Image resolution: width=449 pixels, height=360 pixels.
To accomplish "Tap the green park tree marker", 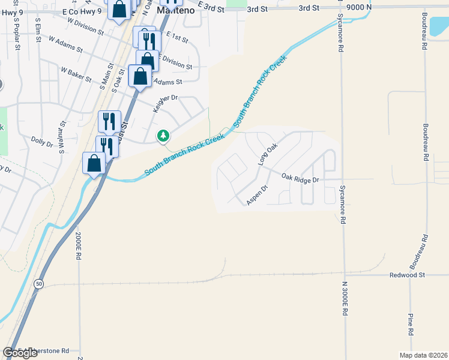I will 163,136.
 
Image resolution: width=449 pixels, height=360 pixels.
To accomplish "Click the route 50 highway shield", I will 38,284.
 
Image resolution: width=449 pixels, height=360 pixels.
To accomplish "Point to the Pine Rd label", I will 411,323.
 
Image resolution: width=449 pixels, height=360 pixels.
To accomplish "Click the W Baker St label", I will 76,74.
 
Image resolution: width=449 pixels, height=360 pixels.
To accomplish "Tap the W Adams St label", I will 64,47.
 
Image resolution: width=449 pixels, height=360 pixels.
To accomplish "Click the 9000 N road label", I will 360,7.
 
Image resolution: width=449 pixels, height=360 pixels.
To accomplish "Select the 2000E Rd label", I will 78,246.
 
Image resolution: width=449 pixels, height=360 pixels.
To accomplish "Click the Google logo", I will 20,353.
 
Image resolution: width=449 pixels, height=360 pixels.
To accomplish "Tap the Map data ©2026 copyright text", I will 423,355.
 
